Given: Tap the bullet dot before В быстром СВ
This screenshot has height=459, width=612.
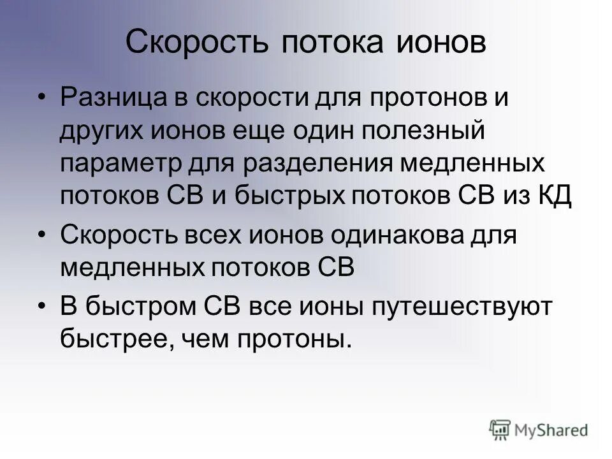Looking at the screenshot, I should (x=42, y=307).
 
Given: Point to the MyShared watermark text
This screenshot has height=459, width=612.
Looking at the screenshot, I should (x=551, y=430).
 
